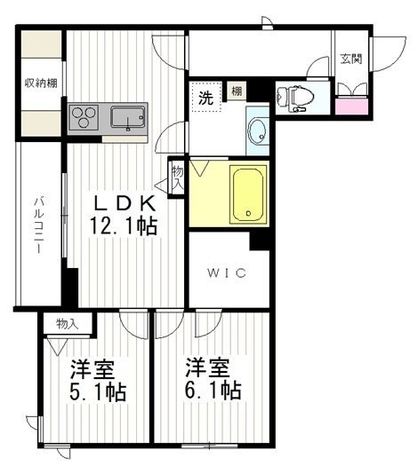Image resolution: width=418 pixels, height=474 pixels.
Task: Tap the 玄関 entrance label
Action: (351, 59)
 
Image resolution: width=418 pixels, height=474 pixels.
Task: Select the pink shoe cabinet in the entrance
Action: (351, 107)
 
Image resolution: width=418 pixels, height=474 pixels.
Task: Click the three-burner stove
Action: (84, 117)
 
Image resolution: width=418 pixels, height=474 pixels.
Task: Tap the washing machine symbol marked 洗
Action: (205, 97)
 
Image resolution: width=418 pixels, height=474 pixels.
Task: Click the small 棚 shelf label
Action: (237, 91)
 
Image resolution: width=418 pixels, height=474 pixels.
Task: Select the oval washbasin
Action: (257, 132)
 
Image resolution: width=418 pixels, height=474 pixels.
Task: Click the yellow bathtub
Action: (248, 194)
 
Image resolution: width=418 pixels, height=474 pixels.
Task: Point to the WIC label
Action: (227, 273)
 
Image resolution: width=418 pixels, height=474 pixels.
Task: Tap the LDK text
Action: (125, 203)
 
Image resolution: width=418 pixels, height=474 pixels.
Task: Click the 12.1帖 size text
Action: (123, 225)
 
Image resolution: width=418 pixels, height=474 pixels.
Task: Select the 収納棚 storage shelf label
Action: (41, 83)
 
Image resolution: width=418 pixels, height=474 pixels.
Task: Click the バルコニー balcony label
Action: (39, 225)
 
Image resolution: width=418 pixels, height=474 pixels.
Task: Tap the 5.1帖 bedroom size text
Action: (98, 392)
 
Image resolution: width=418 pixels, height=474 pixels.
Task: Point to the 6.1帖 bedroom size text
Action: (213, 391)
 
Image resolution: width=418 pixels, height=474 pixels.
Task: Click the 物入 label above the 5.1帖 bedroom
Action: (68, 324)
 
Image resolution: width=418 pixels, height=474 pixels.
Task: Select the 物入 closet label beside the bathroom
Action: (177, 178)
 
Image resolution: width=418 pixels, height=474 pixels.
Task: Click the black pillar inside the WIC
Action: (260, 241)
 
